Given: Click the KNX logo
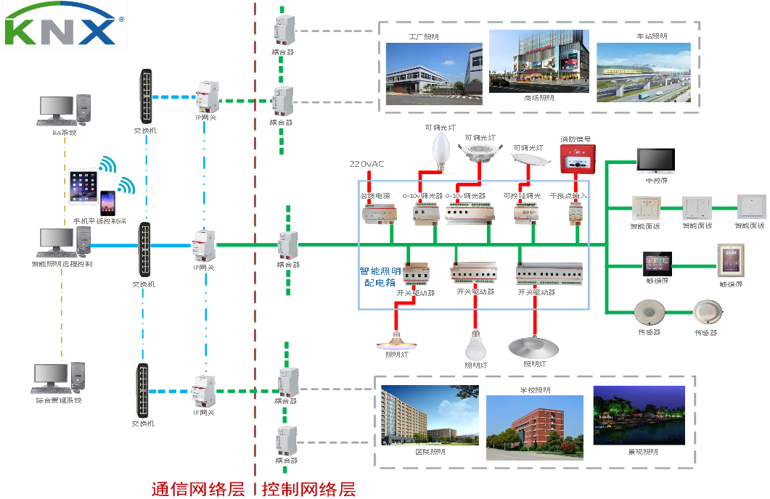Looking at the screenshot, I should (64, 25).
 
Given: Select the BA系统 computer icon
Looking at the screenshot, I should (64, 110).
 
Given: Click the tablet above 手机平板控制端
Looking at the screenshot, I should (82, 187).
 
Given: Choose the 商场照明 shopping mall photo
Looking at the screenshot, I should (538, 61).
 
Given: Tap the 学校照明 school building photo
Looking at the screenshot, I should (534, 427).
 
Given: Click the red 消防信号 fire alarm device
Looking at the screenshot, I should (577, 158).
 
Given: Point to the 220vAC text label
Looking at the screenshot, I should (366, 164).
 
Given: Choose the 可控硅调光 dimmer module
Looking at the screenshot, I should (525, 212).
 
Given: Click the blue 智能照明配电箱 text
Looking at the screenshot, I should (380, 277).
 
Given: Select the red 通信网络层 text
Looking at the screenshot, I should (197, 489).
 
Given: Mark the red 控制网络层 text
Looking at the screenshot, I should (310, 489).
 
